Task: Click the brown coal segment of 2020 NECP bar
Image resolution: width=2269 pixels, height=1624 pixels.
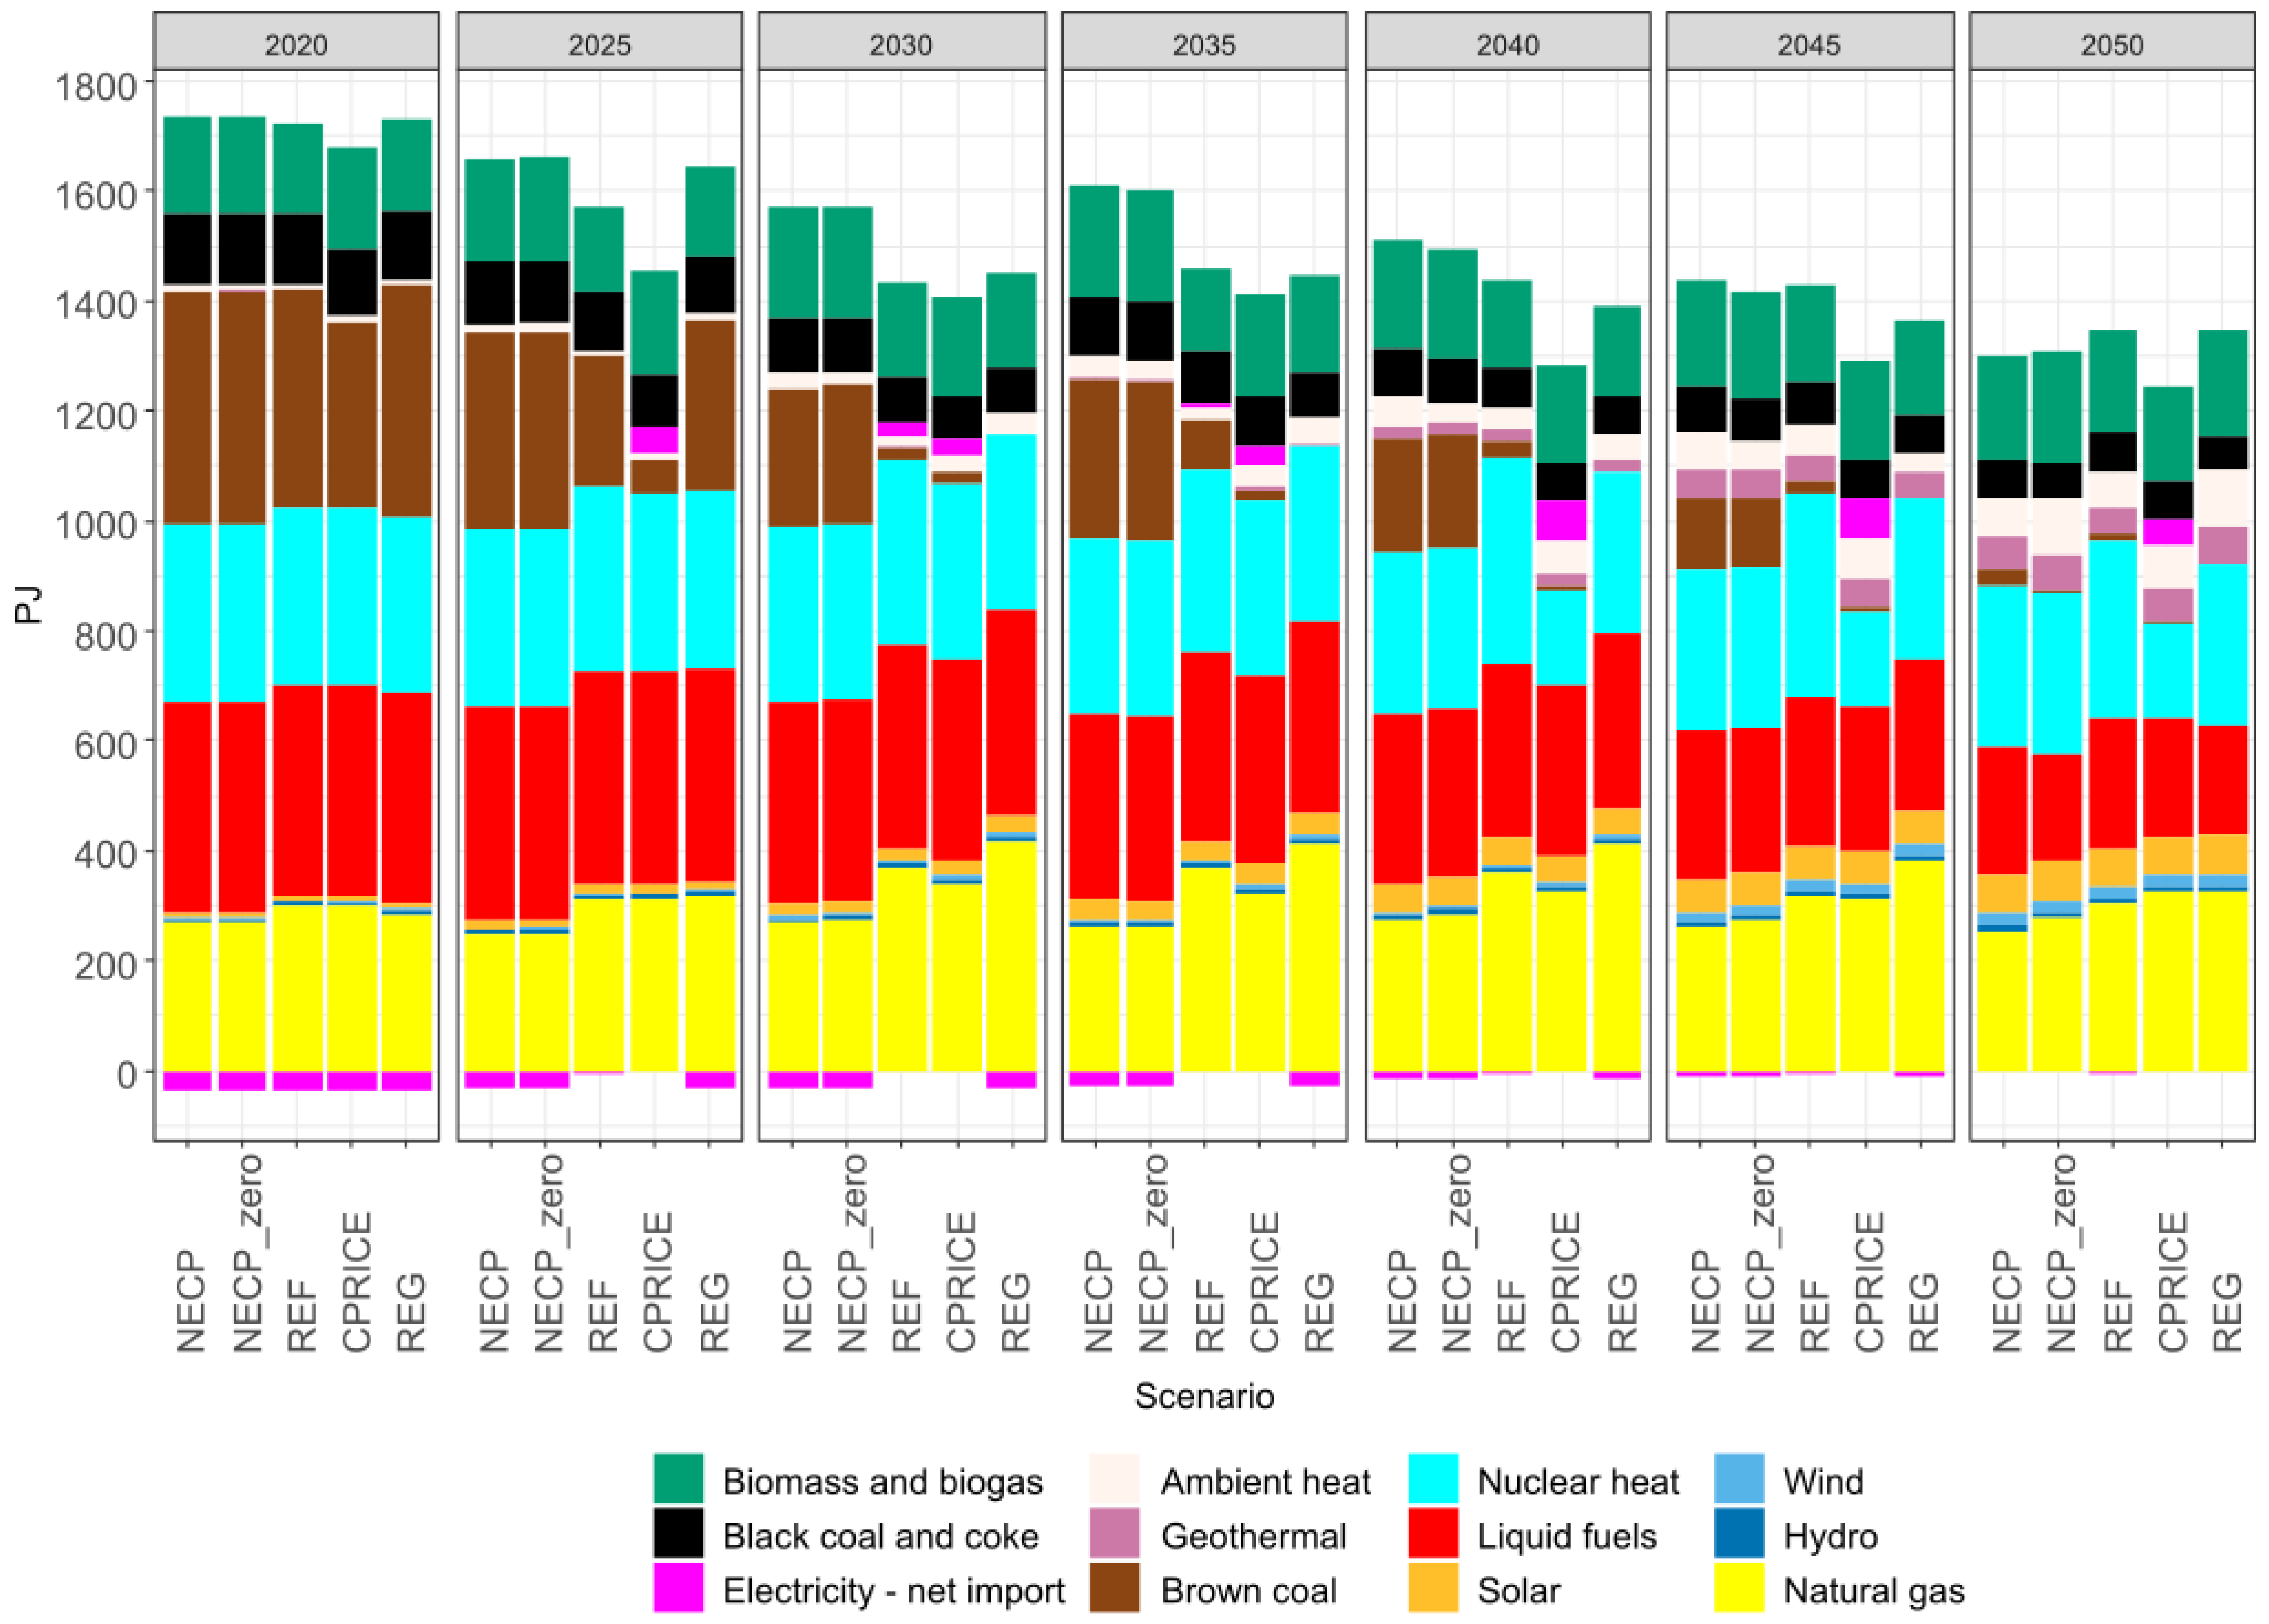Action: pyautogui.click(x=187, y=407)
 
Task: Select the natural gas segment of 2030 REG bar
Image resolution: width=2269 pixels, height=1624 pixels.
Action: pyautogui.click(x=1011, y=955)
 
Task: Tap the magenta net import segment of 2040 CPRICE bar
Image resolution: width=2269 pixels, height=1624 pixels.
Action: pyautogui.click(x=1561, y=519)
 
